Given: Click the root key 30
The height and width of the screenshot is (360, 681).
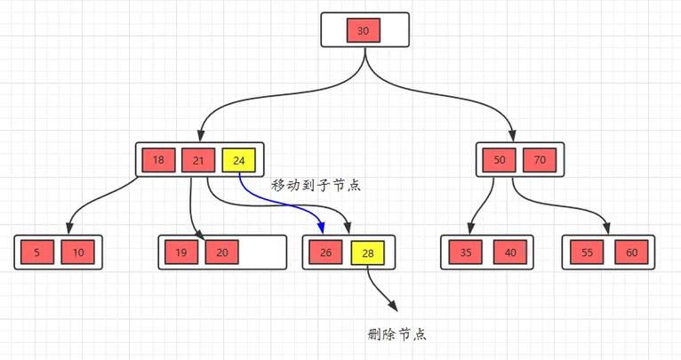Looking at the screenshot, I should coord(364,31).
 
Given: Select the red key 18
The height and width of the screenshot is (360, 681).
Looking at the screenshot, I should coord(158,161).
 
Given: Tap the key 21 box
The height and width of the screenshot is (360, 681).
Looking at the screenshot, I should coord(197,161).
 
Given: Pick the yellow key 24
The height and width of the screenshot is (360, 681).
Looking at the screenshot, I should coord(238,161).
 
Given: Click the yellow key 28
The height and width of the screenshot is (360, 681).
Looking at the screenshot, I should coord(367,253).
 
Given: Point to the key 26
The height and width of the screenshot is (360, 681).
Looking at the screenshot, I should coord(325,253).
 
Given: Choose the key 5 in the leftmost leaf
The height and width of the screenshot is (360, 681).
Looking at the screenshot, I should coord(36,253).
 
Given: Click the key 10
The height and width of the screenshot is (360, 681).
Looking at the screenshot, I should coord(78,253).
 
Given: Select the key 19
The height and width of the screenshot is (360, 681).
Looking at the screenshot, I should coord(180,253).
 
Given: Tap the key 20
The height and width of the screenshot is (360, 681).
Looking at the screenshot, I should coord(221,253).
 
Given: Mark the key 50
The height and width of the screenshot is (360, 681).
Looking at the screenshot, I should coord(498,161).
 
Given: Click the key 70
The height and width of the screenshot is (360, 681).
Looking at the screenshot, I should coord(539,161).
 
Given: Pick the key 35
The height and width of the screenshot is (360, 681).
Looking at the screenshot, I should coord(466,253).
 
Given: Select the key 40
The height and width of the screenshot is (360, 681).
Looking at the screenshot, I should coord(509,253).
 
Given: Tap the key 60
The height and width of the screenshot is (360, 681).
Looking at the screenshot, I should coord(630,253).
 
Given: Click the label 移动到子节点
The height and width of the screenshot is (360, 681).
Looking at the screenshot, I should coord(316,186).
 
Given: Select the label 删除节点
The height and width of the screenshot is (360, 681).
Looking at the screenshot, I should coord(397,334).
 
